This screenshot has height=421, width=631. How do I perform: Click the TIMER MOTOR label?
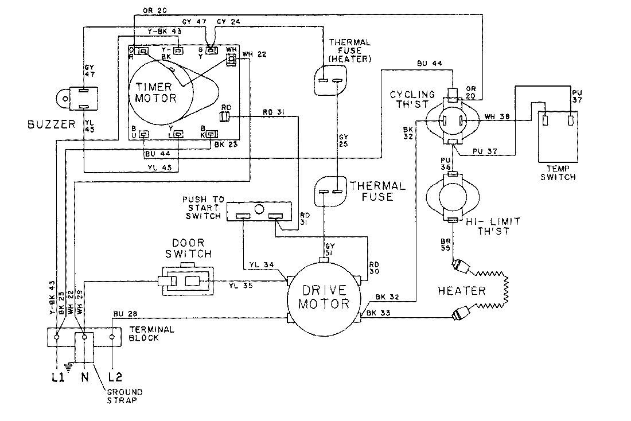[156, 92]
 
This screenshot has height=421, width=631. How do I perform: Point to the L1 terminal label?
[56, 379]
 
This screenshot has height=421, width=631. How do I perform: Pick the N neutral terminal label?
[84, 379]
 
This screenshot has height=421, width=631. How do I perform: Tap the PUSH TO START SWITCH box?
[260, 211]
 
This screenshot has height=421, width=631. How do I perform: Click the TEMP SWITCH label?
[558, 173]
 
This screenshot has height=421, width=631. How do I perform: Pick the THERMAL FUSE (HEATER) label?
[350, 51]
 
